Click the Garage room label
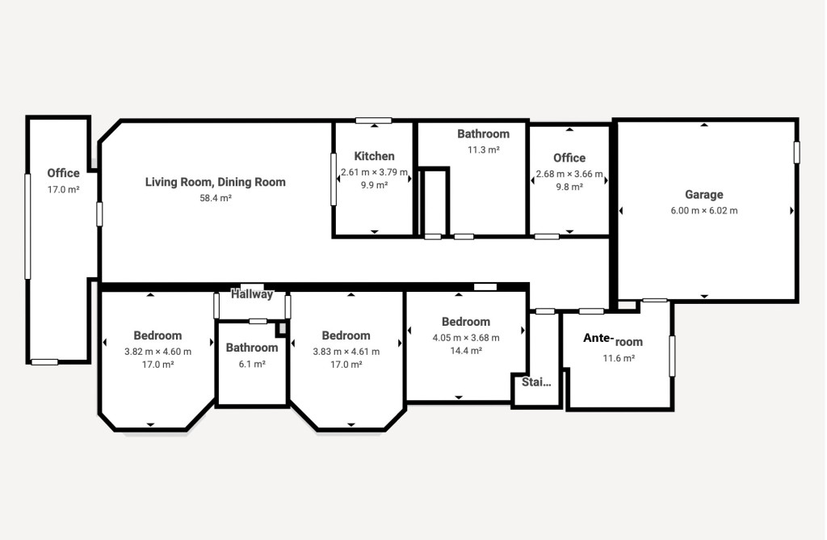703,195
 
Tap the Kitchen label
374,156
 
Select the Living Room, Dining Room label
215,182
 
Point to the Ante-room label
613,340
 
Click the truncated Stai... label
536,382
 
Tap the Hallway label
252,294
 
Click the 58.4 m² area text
216,199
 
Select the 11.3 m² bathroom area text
483,150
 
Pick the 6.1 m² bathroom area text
252,365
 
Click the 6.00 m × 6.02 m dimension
704,211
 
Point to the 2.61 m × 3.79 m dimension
374,173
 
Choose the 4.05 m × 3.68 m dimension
466,338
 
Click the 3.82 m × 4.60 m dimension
157,352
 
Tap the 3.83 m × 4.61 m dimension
346,352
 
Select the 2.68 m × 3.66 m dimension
569,174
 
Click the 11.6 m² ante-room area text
619,358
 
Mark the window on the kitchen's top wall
373,121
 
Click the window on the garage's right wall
796,153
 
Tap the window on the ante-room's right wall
672,356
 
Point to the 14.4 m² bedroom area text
466,351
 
